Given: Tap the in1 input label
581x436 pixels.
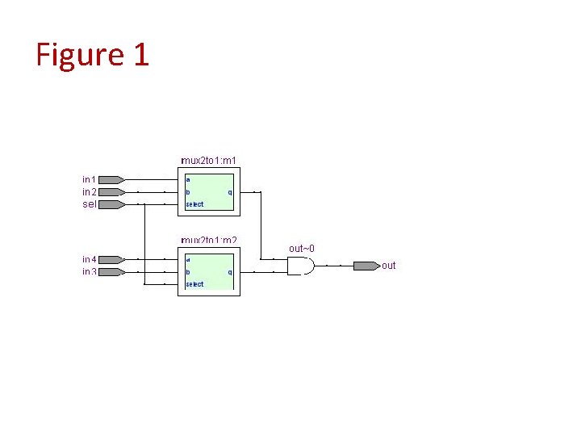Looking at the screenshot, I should coord(89,179).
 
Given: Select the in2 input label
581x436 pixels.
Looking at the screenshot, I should coord(89,192).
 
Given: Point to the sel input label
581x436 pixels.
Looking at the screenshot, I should coord(89,204).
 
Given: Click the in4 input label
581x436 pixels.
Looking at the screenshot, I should coord(89,259).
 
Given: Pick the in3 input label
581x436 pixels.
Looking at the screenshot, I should coord(89,272).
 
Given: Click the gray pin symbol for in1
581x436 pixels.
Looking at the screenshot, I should coord(112,179).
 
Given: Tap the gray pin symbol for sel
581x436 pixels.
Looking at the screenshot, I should coord(112,204).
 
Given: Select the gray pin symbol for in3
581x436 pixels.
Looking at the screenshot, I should coord(112,272).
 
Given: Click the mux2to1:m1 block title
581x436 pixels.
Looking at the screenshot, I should coord(208,161).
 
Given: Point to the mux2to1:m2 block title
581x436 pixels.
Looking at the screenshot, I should coord(208,241).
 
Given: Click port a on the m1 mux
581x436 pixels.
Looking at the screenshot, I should coord(188,179).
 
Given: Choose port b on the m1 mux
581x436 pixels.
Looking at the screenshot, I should coord(188,192).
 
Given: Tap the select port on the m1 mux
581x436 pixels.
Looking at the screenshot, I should coord(194,204).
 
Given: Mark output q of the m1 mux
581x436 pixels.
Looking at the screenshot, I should coord(230,192).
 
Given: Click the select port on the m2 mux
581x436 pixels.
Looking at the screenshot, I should coord(194,284).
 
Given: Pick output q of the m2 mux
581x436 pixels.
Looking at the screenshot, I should coord(230,272).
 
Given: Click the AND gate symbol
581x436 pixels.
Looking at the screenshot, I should coord(300,266).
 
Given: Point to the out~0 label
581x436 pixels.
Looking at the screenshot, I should coord(302,248).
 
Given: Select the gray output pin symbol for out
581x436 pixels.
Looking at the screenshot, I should coord(366,266).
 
